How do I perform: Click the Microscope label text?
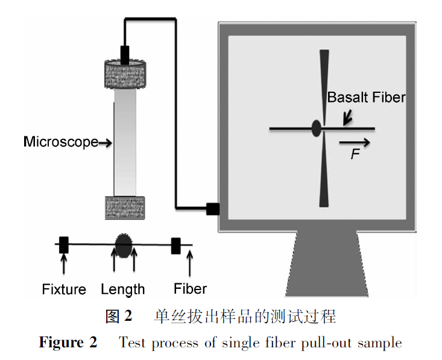click(60, 142)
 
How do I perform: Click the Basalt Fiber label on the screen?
click(366, 97)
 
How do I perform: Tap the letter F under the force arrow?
click(355, 155)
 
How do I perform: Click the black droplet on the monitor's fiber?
click(316, 128)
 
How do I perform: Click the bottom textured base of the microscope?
click(125, 207)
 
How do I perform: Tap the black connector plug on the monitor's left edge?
click(212, 209)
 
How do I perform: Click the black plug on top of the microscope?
click(125, 55)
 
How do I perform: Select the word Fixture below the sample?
click(64, 289)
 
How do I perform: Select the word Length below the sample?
click(123, 289)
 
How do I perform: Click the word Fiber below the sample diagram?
click(190, 288)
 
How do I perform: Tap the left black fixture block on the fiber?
click(64, 245)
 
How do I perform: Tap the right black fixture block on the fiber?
click(176, 245)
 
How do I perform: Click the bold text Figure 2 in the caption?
click(68, 343)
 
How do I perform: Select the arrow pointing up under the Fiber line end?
click(190, 263)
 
